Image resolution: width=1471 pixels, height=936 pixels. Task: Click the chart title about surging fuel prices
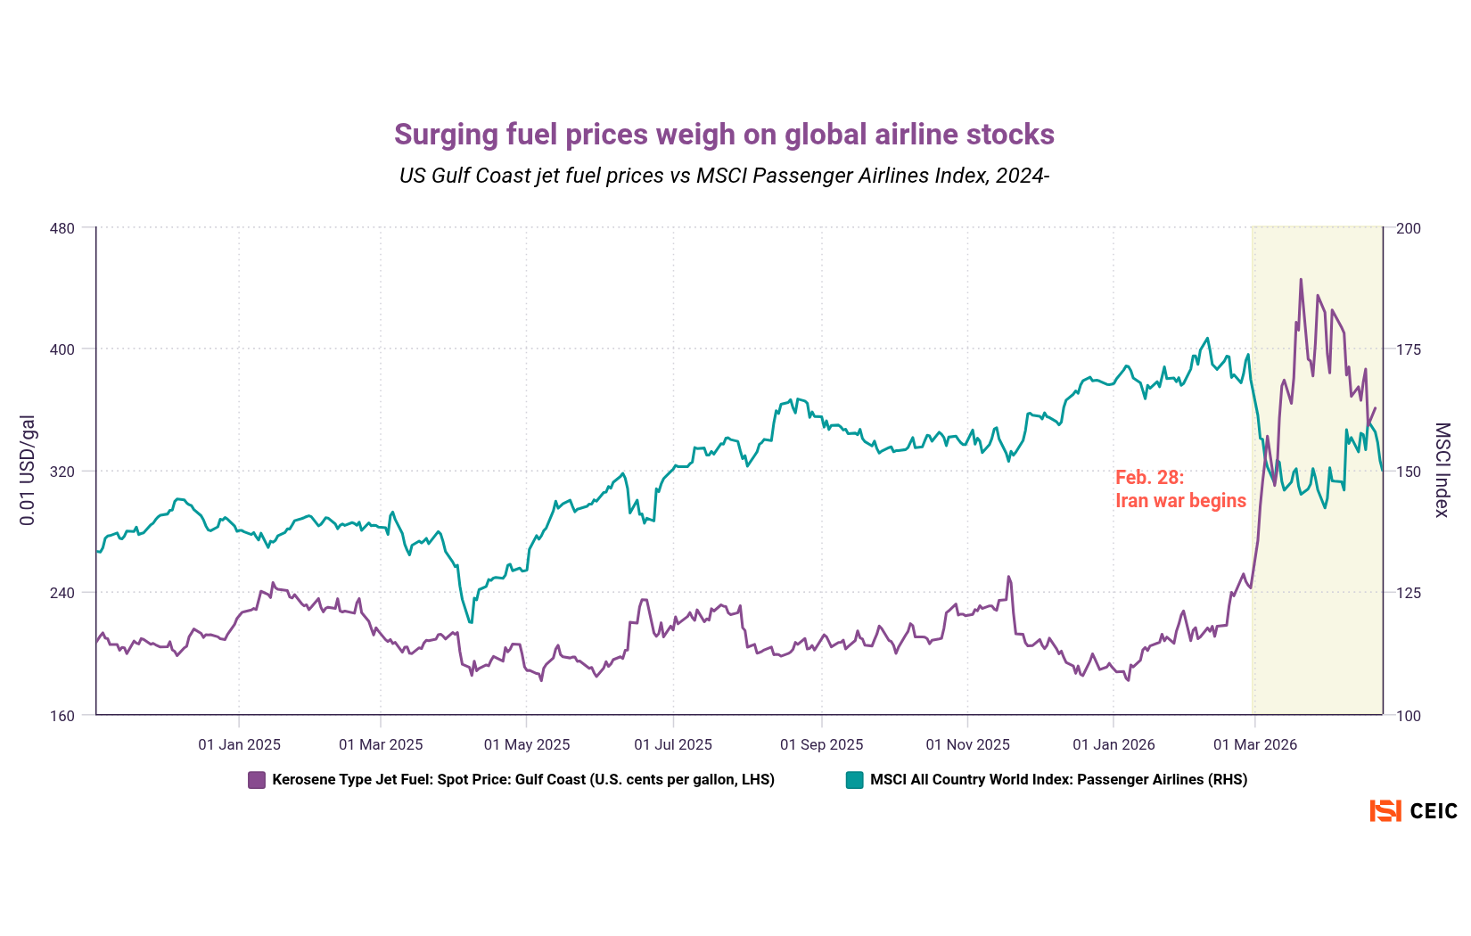pyautogui.click(x=724, y=135)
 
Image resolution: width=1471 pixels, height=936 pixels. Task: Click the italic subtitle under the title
pyautogui.click(x=724, y=176)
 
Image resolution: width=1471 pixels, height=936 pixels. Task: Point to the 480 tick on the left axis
pyautogui.click(x=62, y=228)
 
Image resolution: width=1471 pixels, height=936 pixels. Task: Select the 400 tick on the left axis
pyautogui.click(x=62, y=349)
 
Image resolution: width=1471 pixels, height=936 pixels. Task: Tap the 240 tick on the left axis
pyautogui.click(x=62, y=593)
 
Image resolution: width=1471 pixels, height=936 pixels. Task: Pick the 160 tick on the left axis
pyautogui.click(x=62, y=715)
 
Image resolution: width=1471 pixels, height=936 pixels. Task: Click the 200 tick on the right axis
pyautogui.click(x=1409, y=228)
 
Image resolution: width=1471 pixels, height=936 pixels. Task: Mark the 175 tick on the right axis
pyautogui.click(x=1409, y=349)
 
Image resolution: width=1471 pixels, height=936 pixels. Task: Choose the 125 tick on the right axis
pyautogui.click(x=1409, y=593)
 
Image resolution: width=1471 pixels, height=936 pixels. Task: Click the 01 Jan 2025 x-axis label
pyautogui.click(x=239, y=744)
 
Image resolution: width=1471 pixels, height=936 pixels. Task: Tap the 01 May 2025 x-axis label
pyautogui.click(x=527, y=744)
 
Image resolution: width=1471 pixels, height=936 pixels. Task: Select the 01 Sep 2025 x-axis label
pyautogui.click(x=821, y=744)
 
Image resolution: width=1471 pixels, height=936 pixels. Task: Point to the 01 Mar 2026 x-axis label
pyautogui.click(x=1255, y=744)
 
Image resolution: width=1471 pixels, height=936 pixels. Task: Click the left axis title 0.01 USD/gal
pyautogui.click(x=28, y=470)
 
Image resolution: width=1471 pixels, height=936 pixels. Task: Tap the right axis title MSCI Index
pyautogui.click(x=1442, y=470)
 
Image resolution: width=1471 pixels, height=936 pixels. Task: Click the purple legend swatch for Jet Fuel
pyautogui.click(x=257, y=780)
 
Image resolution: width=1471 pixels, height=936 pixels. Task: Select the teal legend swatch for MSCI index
pyautogui.click(x=854, y=780)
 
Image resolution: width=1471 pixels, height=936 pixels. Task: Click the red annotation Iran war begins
pyautogui.click(x=1180, y=501)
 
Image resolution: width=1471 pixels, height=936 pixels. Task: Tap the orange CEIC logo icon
pyautogui.click(x=1385, y=811)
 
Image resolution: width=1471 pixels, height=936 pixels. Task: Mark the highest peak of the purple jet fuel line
pyautogui.click(x=1301, y=280)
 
